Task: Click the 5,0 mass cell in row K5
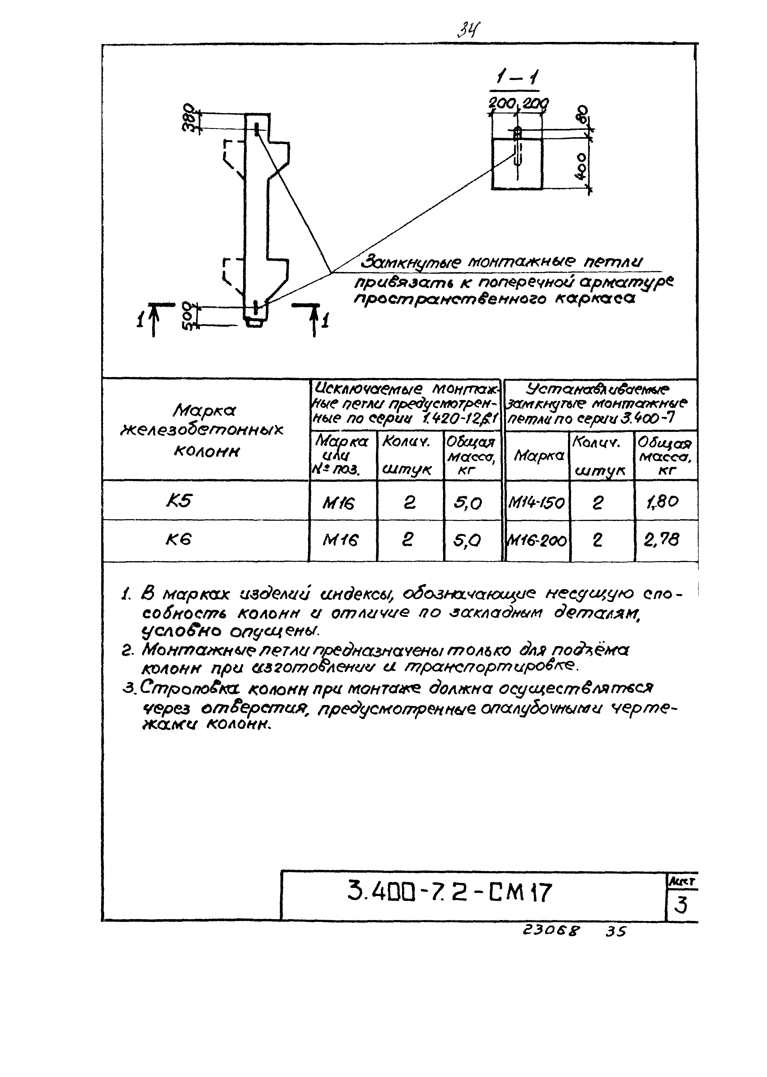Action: tap(468, 503)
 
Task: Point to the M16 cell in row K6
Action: tap(341, 540)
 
